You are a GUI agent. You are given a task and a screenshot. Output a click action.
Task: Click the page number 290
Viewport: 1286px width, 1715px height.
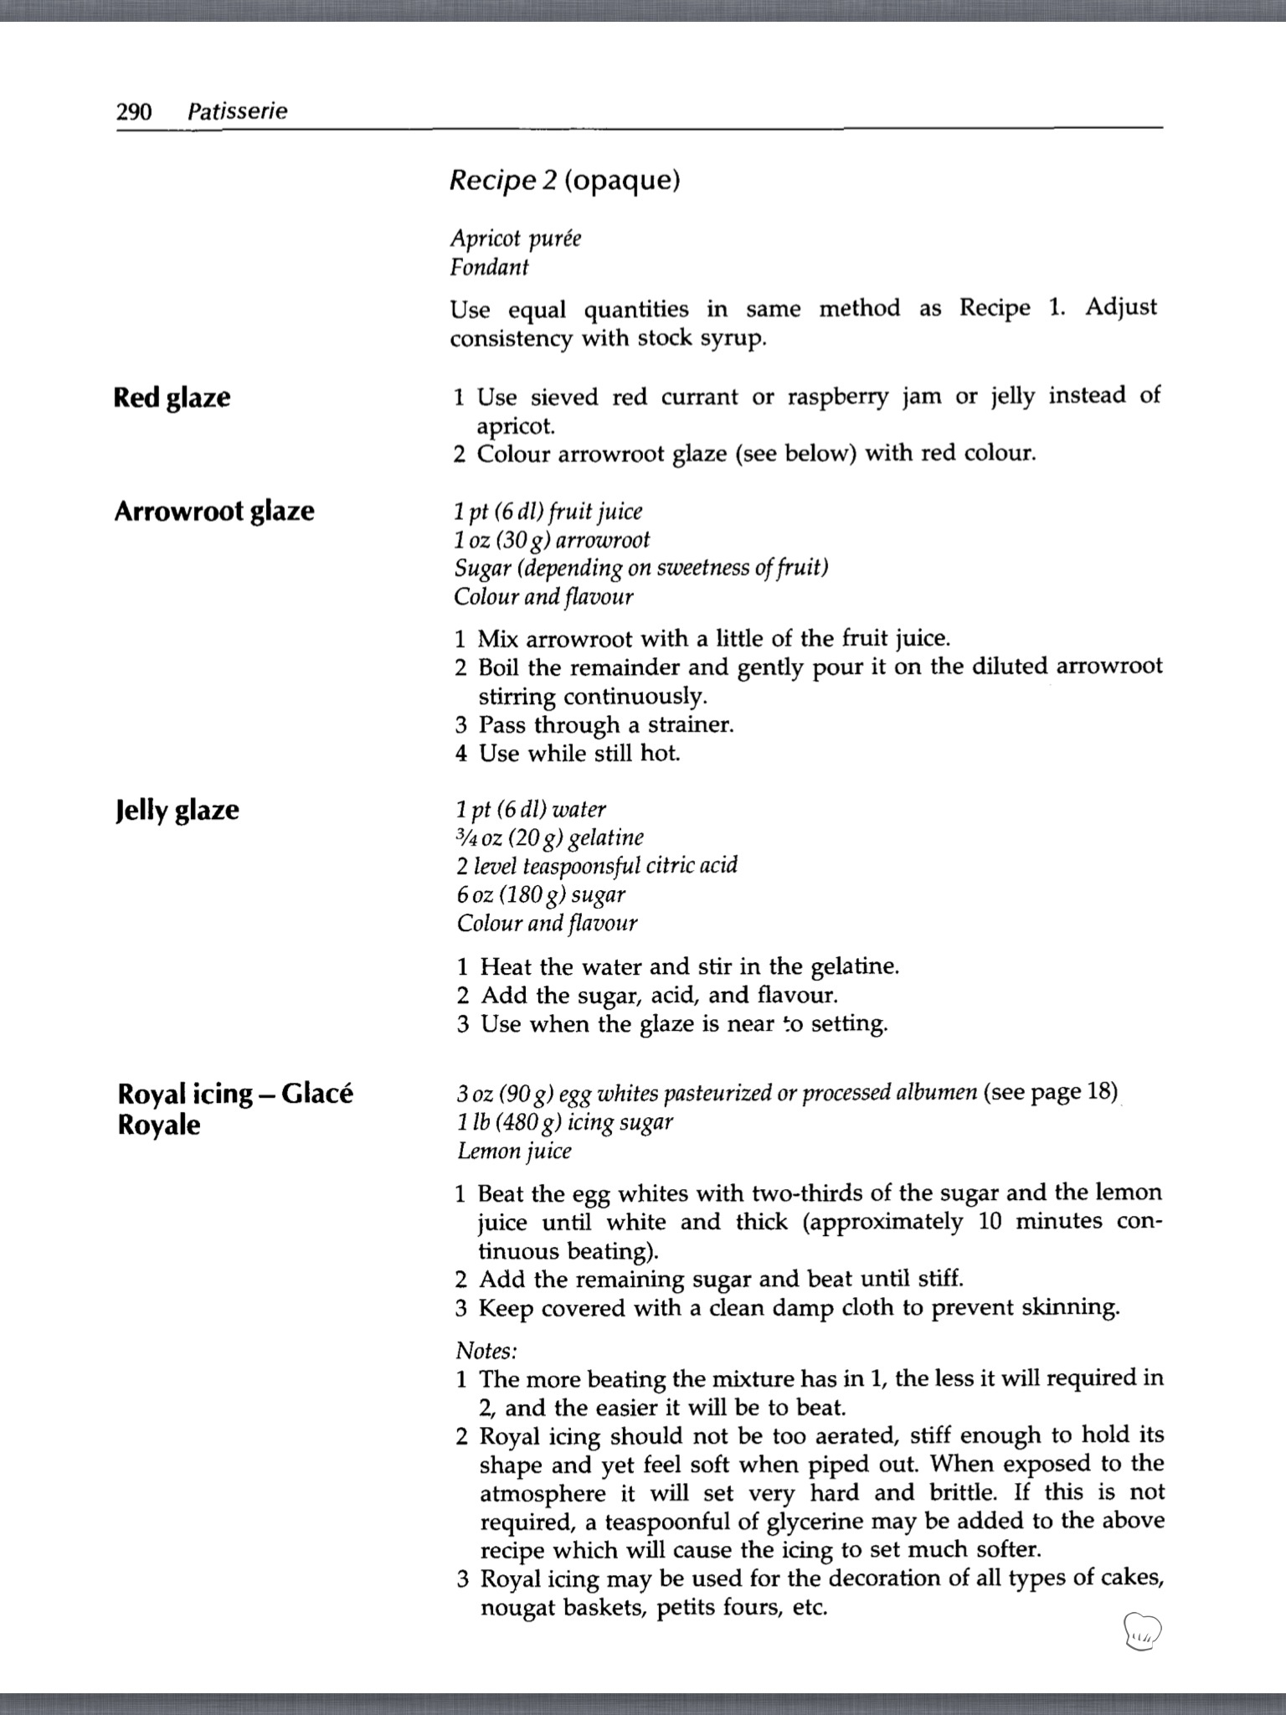(134, 111)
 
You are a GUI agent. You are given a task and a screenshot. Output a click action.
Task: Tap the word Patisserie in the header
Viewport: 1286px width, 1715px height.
(237, 111)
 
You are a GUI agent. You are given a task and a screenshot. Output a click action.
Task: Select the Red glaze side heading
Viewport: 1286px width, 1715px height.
(172, 397)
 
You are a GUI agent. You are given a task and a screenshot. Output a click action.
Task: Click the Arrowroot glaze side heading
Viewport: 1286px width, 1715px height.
(214, 511)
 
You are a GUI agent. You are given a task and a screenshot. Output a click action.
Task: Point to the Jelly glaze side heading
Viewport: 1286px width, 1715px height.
(177, 810)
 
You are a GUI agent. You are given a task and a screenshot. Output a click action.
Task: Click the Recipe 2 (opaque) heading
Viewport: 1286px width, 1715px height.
(564, 180)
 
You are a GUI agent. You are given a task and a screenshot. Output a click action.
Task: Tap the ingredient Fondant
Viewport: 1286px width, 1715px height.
(489, 268)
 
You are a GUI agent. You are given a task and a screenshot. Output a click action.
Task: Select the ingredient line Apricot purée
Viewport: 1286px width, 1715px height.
(515, 239)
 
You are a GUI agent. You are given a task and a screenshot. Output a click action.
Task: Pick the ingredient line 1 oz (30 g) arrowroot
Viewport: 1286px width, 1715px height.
(552, 540)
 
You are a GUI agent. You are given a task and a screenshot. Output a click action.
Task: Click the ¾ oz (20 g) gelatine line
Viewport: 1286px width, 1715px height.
(550, 837)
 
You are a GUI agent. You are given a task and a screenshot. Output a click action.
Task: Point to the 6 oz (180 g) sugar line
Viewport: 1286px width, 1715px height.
(541, 894)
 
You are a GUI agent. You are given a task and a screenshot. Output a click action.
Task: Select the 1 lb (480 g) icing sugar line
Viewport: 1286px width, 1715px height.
(565, 1122)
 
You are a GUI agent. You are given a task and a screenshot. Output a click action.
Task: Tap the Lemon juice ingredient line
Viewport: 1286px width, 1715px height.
(514, 1151)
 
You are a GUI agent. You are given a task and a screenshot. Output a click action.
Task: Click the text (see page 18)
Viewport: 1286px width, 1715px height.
(1051, 1092)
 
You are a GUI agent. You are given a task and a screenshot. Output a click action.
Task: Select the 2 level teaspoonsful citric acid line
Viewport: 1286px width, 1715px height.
(597, 865)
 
